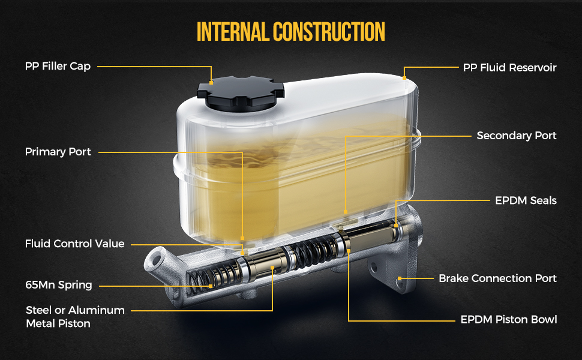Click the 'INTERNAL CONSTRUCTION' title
coord(290,32)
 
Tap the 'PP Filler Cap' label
coord(58,67)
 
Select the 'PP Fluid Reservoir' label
coord(509,68)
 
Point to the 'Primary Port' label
coord(58,152)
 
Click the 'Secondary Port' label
coord(517,136)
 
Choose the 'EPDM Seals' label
coord(526,200)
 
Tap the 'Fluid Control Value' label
coord(74,244)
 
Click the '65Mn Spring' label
coord(59,285)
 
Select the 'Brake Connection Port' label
coord(497,278)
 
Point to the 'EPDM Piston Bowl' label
coord(509,320)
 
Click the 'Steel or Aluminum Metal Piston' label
coord(76,317)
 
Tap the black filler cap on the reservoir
coord(241,93)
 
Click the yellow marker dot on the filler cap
coord(211,82)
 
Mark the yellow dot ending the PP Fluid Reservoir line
coord(404,78)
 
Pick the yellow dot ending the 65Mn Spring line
coord(211,286)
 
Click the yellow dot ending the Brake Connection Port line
coord(400,278)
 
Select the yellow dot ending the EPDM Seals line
coord(396,225)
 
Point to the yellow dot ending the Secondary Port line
coord(346,212)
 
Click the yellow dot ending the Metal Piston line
coord(272,267)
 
